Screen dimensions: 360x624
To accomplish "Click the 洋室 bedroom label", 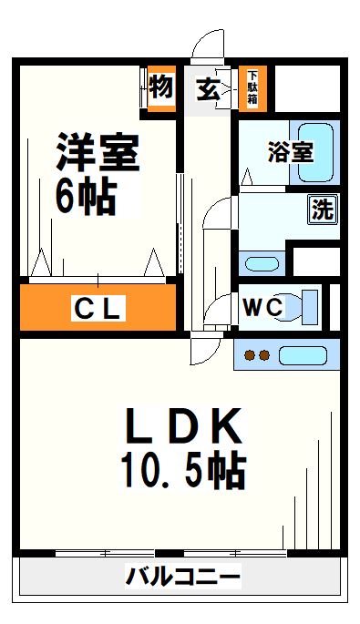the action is click(98, 152).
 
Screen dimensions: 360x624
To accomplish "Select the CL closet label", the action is click(98, 310).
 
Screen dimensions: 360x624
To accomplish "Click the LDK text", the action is click(183, 426).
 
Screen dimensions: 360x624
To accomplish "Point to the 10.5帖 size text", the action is click(182, 469).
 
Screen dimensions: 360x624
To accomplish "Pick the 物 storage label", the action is click(161, 87).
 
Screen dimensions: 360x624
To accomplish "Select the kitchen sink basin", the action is click(304, 354).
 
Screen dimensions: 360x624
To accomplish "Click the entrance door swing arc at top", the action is click(208, 43).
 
